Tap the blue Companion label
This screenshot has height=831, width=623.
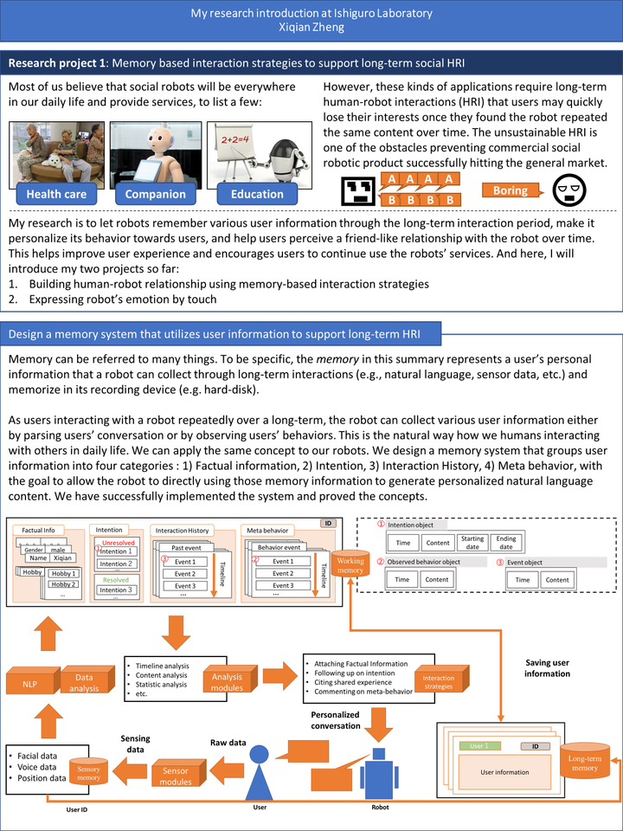click(x=155, y=194)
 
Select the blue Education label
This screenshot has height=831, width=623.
click(x=256, y=194)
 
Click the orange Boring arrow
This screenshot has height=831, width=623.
click(x=516, y=190)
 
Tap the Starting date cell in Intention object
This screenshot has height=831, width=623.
click(x=472, y=543)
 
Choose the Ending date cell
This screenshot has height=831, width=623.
click(x=506, y=543)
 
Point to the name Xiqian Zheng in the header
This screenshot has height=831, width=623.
click(x=311, y=28)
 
